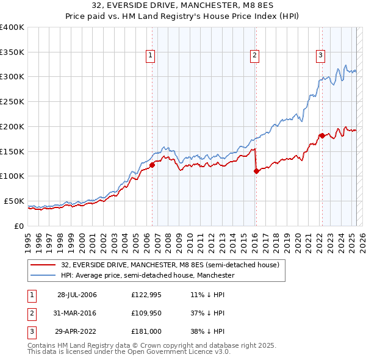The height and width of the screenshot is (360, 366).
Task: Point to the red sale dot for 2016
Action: coord(256,171)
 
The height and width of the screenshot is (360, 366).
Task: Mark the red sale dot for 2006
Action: coord(152,165)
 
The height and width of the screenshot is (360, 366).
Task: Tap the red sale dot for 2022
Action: coord(321,135)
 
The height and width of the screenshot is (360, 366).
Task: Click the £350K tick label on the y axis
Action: coord(12,52)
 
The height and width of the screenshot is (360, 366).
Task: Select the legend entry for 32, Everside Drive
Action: coord(170,265)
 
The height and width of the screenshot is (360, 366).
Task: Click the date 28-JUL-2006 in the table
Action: coord(77,295)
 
